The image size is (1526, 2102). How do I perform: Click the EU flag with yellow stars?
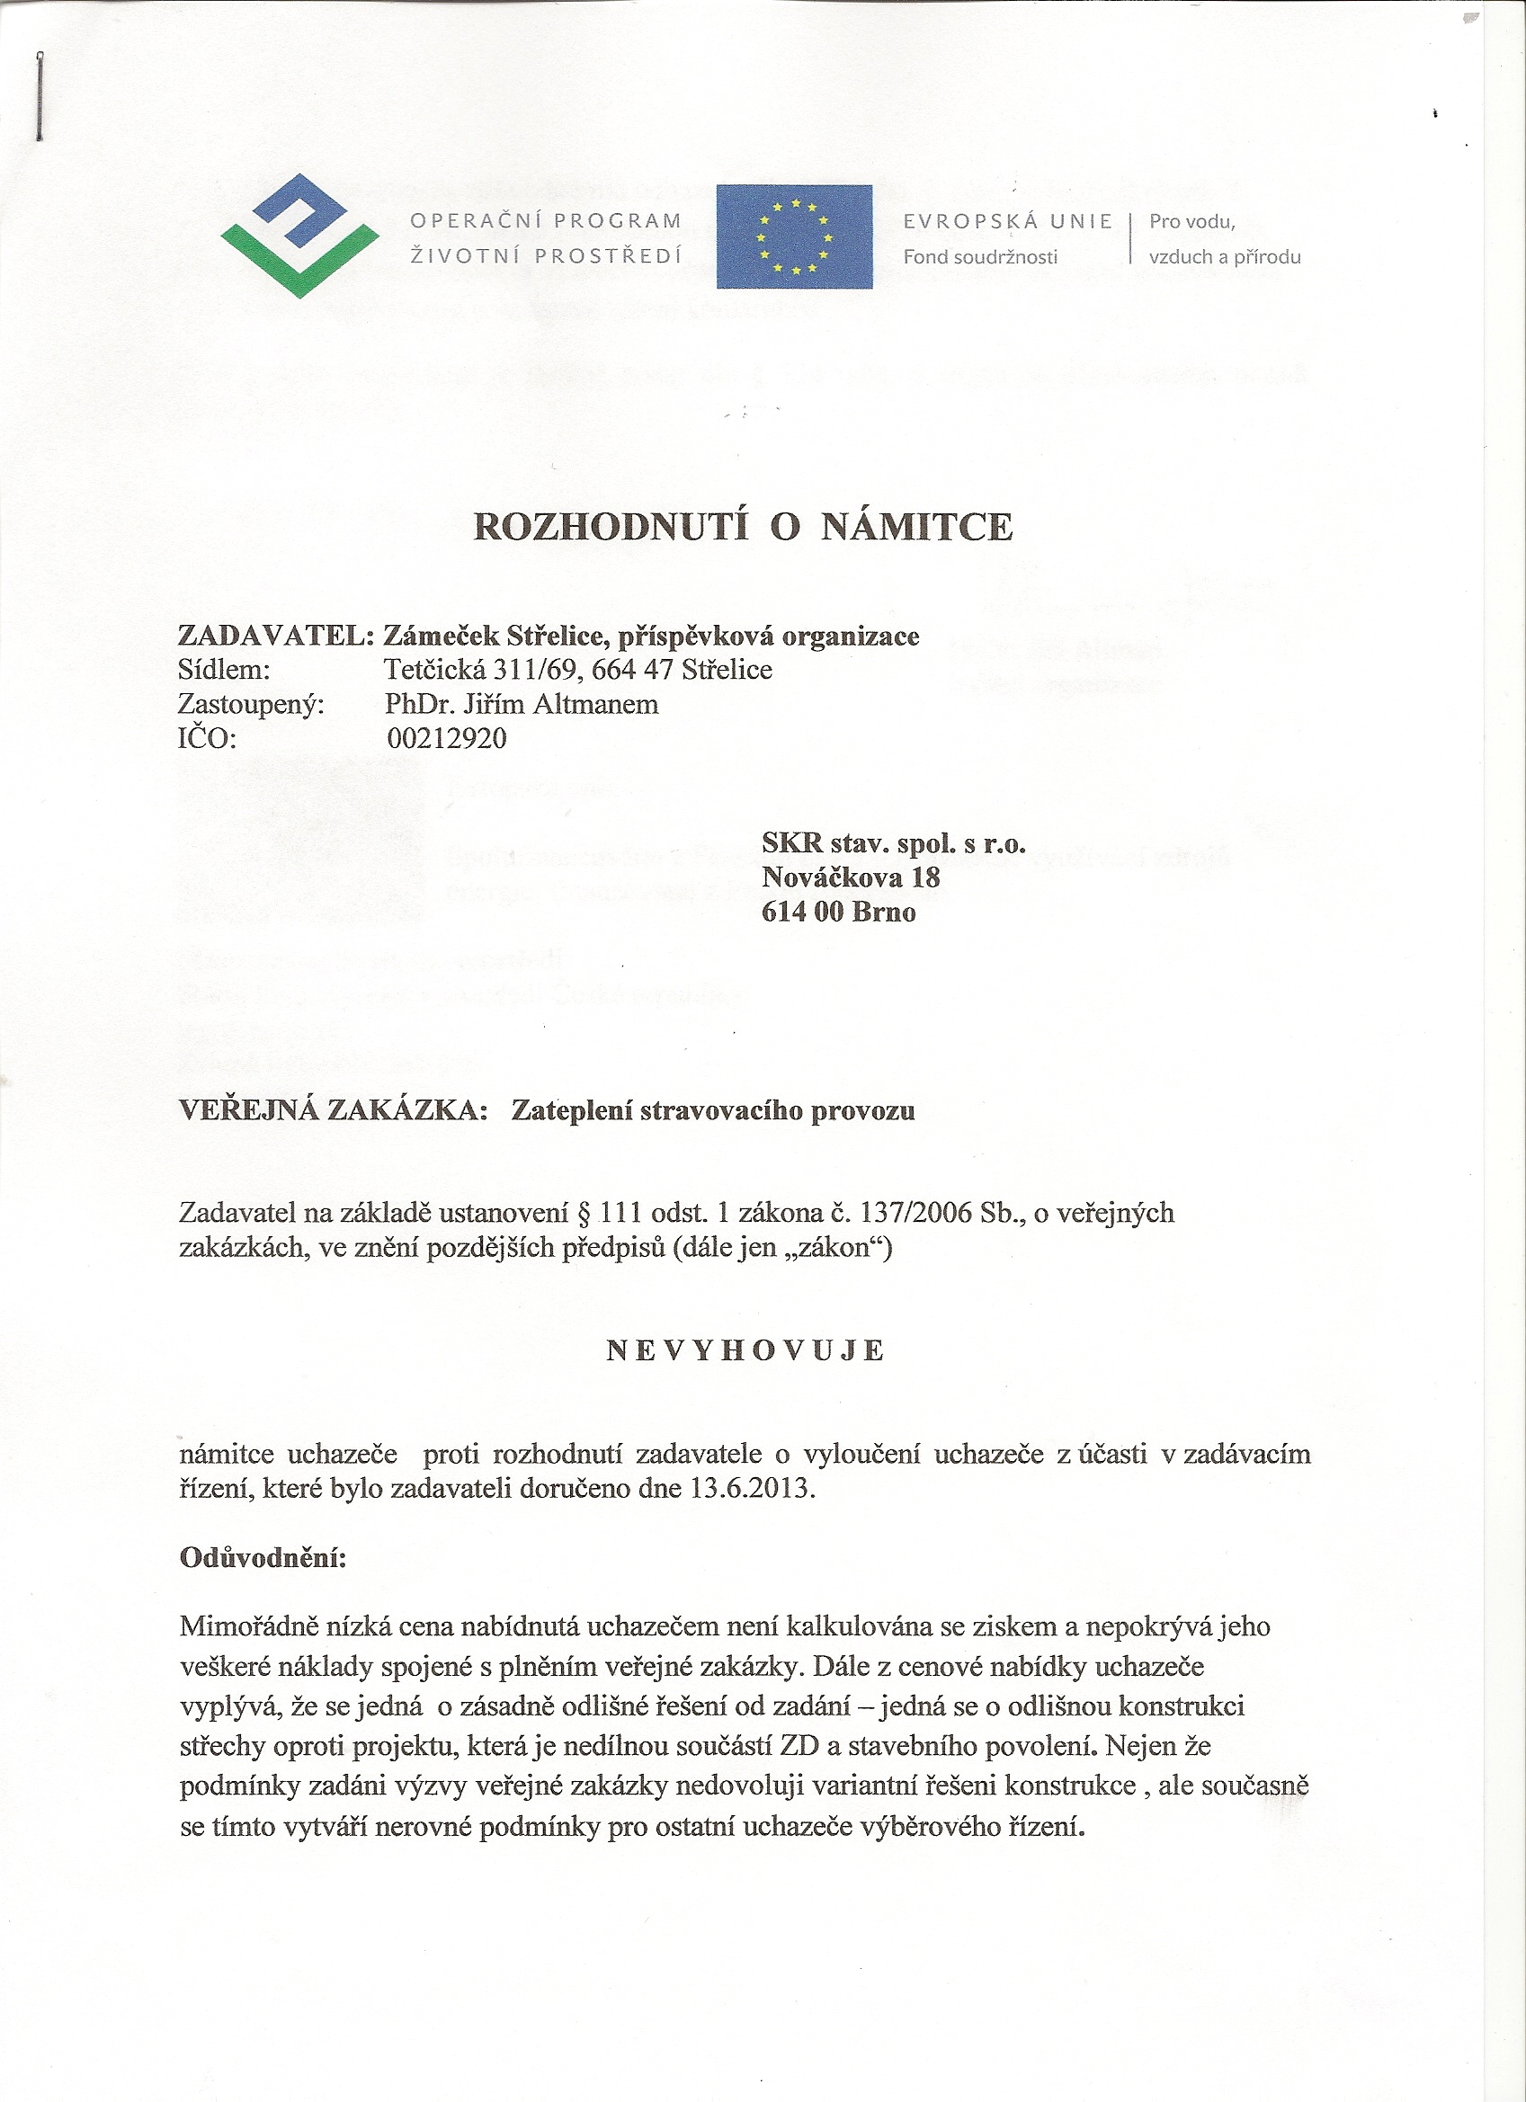click(x=794, y=236)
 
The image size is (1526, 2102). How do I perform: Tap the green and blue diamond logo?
click(x=299, y=236)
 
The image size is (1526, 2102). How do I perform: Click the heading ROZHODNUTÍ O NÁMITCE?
click(x=744, y=527)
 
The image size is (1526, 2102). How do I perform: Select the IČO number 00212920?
click(x=447, y=739)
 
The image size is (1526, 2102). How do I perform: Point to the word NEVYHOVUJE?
click(x=746, y=1351)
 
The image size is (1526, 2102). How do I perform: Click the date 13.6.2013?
click(x=752, y=1489)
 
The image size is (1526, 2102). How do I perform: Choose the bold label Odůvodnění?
click(x=263, y=1557)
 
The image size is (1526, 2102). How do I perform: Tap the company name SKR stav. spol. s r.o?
click(x=894, y=842)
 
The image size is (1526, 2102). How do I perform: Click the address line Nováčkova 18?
click(x=851, y=877)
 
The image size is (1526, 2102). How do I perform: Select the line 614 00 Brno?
click(x=839, y=912)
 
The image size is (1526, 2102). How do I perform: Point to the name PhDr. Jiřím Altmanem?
click(x=522, y=704)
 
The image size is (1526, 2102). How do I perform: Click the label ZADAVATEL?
click(x=275, y=636)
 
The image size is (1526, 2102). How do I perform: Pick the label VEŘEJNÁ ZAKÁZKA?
click(x=333, y=1110)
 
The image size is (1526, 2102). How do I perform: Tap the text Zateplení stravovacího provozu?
click(x=713, y=1110)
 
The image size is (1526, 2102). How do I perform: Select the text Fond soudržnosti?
click(x=980, y=257)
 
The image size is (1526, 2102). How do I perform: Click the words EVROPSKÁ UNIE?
click(x=1008, y=221)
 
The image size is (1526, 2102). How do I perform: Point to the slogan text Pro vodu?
click(x=1192, y=221)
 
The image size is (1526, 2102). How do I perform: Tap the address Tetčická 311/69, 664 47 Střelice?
click(x=578, y=669)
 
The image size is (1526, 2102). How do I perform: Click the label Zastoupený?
click(x=251, y=704)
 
